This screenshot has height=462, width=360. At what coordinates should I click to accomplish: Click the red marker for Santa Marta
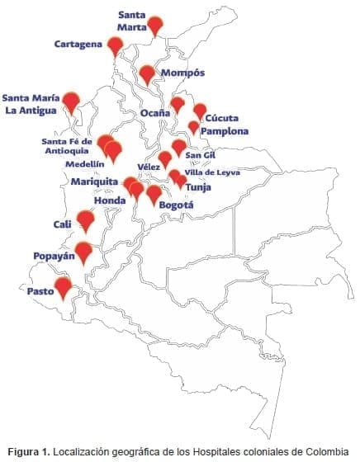155,26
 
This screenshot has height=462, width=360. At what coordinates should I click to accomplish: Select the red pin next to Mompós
148,74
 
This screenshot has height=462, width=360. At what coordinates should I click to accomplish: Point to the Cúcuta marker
200,111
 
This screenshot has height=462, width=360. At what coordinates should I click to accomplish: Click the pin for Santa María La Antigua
72,101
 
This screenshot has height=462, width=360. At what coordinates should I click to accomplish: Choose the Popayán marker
83,252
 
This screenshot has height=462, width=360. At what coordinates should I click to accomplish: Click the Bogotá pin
154,194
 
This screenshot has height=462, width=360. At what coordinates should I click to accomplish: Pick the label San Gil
201,154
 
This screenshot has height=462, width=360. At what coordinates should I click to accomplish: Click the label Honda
110,200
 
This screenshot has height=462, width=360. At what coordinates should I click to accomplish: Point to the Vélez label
149,167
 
